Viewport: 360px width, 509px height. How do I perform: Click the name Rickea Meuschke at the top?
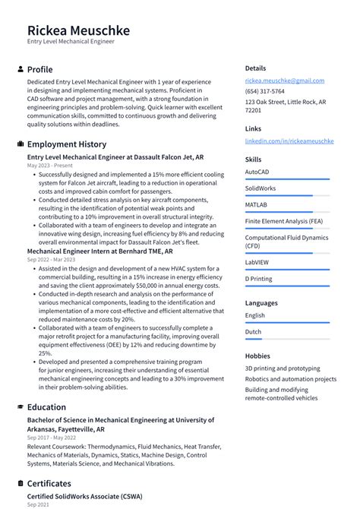[x=78, y=30]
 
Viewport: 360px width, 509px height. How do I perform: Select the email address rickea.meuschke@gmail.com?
[x=284, y=81]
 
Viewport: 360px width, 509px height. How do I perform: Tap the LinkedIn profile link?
[x=289, y=141]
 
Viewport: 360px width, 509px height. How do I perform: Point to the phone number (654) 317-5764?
[x=264, y=91]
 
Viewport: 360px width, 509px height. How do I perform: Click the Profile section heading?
[x=39, y=69]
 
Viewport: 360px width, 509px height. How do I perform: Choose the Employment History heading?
[x=67, y=144]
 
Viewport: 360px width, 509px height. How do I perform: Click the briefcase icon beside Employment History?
[x=20, y=144]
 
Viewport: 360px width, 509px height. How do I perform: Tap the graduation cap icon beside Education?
[x=20, y=407]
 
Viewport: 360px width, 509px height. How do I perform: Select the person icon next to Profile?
[x=20, y=69]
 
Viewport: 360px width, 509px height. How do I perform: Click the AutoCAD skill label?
[x=257, y=172]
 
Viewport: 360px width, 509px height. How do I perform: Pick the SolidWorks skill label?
[x=261, y=188]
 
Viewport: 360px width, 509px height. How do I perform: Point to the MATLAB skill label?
[x=256, y=205]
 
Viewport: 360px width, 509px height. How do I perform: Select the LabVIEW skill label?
[x=257, y=262]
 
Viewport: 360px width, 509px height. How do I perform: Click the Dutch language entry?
[x=253, y=332]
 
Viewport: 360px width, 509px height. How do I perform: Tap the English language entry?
[x=255, y=315]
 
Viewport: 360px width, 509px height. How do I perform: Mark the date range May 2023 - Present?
[x=50, y=165]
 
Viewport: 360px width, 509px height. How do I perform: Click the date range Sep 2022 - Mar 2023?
[x=51, y=260]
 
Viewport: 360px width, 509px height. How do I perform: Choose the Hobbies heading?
[x=257, y=356]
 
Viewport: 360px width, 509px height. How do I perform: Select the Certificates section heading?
[x=49, y=483]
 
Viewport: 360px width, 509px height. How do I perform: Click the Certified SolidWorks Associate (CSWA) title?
[x=84, y=497]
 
